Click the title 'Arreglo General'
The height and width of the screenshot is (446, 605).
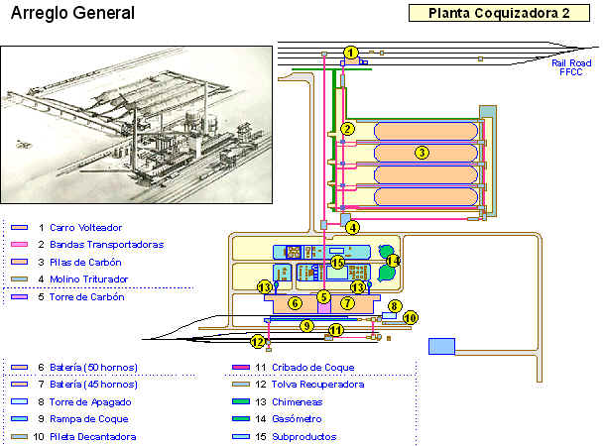(72, 15)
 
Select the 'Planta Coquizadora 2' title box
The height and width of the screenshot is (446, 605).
(491, 14)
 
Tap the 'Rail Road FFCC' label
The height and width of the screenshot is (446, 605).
(570, 66)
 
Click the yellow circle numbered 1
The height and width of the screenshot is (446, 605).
(350, 53)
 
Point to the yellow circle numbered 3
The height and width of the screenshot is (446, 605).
(422, 153)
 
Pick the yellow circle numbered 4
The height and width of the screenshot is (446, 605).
(353, 227)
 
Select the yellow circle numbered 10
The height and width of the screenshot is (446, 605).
(411, 318)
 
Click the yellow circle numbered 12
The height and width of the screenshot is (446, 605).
(258, 343)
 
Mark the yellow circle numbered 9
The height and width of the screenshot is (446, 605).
(307, 325)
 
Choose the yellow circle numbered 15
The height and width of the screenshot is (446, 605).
(337, 263)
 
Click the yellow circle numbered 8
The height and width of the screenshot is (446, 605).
(394, 306)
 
